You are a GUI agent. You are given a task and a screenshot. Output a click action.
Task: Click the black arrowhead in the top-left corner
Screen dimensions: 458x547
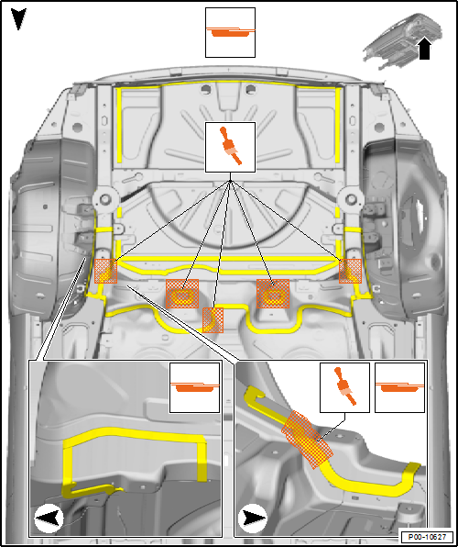tap(18, 19)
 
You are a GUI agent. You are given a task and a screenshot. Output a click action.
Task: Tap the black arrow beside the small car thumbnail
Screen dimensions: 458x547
tap(424, 49)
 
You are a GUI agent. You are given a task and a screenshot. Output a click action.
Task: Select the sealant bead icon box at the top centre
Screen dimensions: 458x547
tap(230, 32)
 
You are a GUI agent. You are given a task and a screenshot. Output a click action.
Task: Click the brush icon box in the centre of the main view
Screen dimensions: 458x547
tap(230, 147)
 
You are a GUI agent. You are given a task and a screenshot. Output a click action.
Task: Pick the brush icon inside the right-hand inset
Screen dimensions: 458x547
tap(344, 387)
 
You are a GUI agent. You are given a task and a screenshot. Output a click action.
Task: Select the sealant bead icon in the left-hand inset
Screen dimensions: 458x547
tap(194, 387)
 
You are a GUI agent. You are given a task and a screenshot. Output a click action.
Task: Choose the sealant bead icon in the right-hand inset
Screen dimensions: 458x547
tap(400, 387)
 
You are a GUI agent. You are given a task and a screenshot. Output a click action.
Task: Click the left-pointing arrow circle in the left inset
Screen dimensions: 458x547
tap(49, 519)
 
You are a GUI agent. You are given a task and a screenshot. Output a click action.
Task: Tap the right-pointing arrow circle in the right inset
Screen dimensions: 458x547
tap(253, 519)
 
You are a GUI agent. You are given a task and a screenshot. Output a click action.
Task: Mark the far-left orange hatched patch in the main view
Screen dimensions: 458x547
tap(106, 271)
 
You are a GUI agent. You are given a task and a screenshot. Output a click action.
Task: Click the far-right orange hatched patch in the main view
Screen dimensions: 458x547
tap(351, 271)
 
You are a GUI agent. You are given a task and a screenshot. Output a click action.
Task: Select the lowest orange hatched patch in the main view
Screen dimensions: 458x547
tap(213, 320)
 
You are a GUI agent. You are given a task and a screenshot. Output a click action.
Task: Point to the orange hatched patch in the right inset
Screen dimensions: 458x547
tap(307, 440)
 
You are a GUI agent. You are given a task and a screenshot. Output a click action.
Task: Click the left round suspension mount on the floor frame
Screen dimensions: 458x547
tap(104, 200)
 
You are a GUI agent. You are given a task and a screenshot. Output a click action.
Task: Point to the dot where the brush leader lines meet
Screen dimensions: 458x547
tap(230, 182)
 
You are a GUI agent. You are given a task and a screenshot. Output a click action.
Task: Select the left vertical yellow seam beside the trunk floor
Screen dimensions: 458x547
tap(119, 126)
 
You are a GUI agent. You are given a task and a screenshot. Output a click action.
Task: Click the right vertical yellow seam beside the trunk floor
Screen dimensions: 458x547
tap(337, 126)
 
